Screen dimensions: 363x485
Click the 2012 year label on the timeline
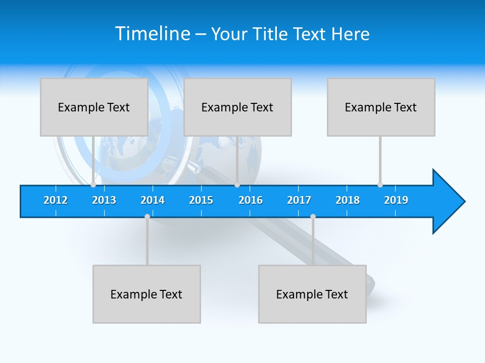(x=56, y=200)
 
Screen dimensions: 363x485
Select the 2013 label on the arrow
(x=104, y=200)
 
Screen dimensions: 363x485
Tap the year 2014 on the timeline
(x=153, y=200)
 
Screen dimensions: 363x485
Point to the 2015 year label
(x=201, y=200)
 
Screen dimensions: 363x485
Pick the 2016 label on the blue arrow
(x=251, y=200)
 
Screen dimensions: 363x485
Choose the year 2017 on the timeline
(x=299, y=200)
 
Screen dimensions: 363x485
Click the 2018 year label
(x=348, y=200)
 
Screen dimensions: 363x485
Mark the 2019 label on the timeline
(x=396, y=200)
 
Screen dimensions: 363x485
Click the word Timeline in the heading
(x=153, y=34)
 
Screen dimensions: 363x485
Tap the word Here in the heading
(x=350, y=34)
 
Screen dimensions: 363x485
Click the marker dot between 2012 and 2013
(x=93, y=185)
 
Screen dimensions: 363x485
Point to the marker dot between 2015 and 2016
(x=237, y=185)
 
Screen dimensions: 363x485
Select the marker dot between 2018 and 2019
(x=380, y=185)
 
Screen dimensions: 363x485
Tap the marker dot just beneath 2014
(x=147, y=217)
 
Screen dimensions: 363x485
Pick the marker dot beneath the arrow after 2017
(x=313, y=217)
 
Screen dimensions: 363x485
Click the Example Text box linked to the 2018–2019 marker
(x=381, y=107)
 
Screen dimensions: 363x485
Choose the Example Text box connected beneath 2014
(x=147, y=294)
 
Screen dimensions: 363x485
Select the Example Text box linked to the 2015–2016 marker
(x=237, y=107)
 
